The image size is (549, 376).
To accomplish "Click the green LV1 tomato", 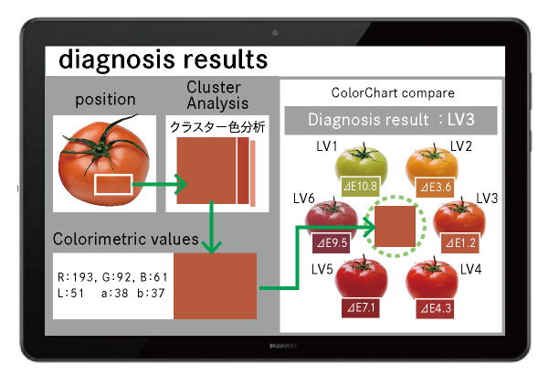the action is point(362,166).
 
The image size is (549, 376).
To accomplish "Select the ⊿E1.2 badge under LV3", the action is point(459,242).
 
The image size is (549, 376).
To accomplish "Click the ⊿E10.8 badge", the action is point(360,186).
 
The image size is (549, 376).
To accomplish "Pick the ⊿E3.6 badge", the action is point(435,187).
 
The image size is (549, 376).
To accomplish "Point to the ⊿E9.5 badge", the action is point(332,242).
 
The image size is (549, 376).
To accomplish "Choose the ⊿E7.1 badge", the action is point(361,308).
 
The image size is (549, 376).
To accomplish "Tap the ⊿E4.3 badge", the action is point(435,308).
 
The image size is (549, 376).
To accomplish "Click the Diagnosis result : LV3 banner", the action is point(391,121).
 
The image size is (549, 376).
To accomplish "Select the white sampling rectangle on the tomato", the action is point(113,184).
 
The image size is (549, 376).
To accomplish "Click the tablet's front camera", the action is point(275,33).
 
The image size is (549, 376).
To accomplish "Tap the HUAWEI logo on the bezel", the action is point(282,346).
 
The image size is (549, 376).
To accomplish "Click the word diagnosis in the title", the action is point(117,60).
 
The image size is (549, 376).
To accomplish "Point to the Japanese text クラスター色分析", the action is point(217,127).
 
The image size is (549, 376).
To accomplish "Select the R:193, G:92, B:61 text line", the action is point(112,277).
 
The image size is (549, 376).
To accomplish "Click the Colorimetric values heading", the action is point(126,239).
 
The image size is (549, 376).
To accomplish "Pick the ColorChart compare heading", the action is point(393,93).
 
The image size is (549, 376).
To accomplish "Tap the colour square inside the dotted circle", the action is point(395,226).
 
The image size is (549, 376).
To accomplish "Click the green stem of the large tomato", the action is point(102,143).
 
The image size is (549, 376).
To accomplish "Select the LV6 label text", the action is point(304,199).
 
